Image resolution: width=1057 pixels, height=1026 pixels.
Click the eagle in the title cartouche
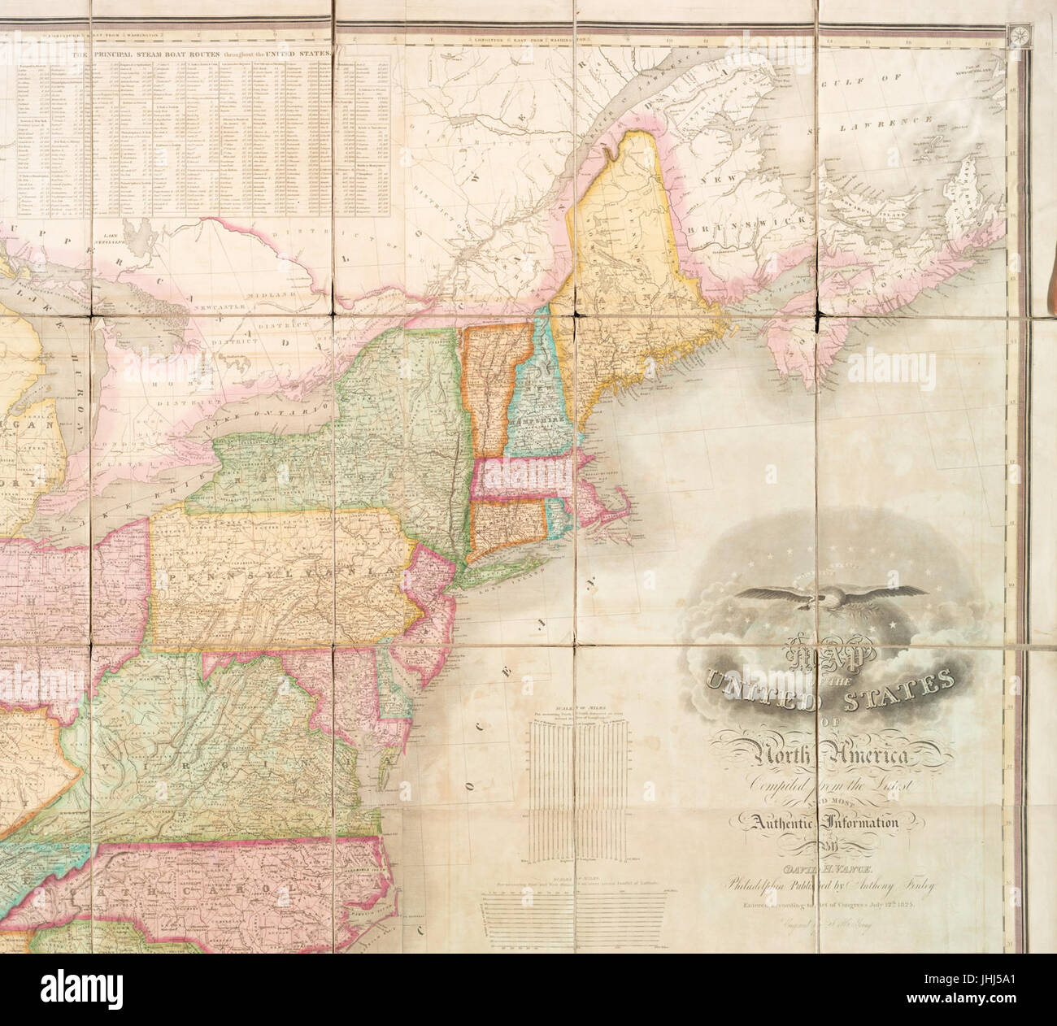[830, 598]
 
